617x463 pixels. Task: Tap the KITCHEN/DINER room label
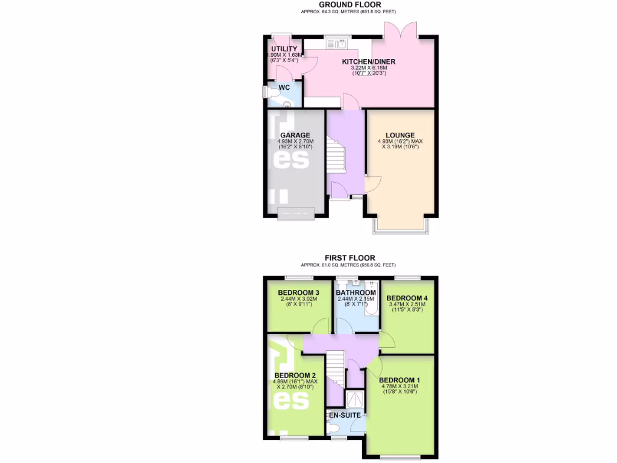[x=369, y=61]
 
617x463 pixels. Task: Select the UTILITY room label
[x=284, y=49]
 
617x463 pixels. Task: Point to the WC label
[x=284, y=87]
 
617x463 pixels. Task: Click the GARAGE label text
[x=295, y=135]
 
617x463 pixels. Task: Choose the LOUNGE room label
[x=400, y=135]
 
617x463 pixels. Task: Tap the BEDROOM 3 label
[x=299, y=293]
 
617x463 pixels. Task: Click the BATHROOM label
[x=356, y=293]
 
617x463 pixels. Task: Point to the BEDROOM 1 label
[x=399, y=380]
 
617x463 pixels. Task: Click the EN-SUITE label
[x=345, y=415]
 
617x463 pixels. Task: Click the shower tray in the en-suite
[x=355, y=398]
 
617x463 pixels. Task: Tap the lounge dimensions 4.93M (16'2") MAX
[x=400, y=142]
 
